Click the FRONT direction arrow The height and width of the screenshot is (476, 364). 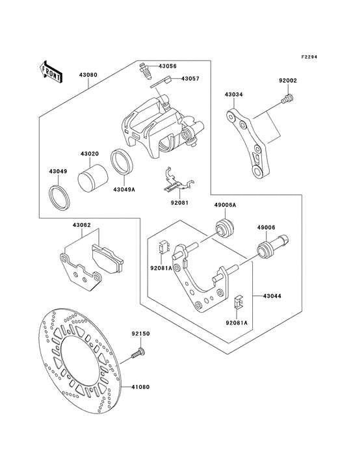(51, 70)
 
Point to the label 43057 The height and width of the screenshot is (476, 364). (190, 79)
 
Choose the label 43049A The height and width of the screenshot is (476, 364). (123, 190)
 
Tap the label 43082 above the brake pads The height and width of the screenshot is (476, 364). (81, 225)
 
